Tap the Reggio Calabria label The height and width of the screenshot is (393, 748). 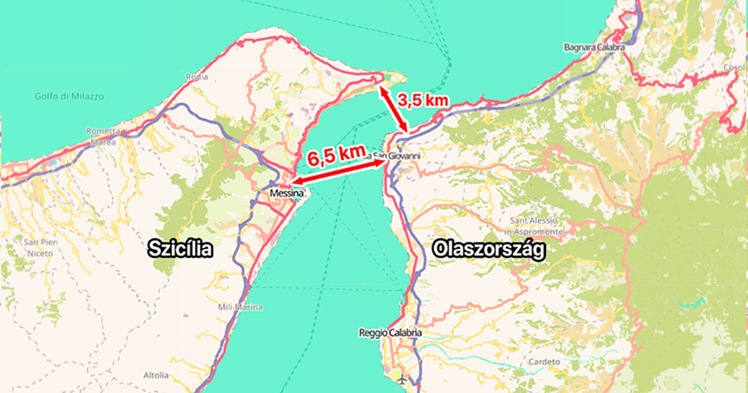click(390, 333)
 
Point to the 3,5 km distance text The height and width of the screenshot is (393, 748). click(424, 100)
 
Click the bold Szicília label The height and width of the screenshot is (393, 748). click(181, 250)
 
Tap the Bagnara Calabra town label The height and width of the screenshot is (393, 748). click(594, 47)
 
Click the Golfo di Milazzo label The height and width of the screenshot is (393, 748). click(69, 97)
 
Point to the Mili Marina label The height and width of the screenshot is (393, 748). click(240, 307)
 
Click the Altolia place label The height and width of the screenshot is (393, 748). click(155, 376)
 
